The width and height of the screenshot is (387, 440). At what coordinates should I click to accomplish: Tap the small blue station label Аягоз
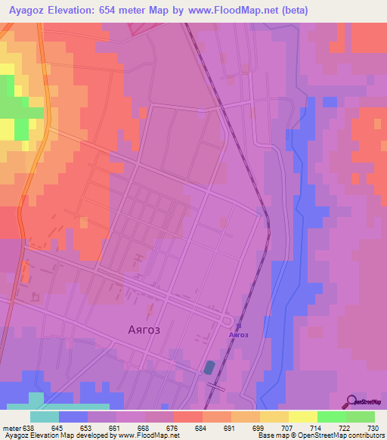[240, 334]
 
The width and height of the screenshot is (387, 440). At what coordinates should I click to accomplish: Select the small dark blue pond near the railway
[208, 367]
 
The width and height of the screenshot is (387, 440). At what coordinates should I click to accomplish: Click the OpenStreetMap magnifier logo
[352, 402]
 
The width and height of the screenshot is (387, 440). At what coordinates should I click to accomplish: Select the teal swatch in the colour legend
[45, 417]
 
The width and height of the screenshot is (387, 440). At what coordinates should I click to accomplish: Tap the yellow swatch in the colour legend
[302, 417]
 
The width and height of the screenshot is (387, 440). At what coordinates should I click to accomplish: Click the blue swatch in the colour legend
[73, 417]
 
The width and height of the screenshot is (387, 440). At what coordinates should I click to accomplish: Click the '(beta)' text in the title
[291, 10]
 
